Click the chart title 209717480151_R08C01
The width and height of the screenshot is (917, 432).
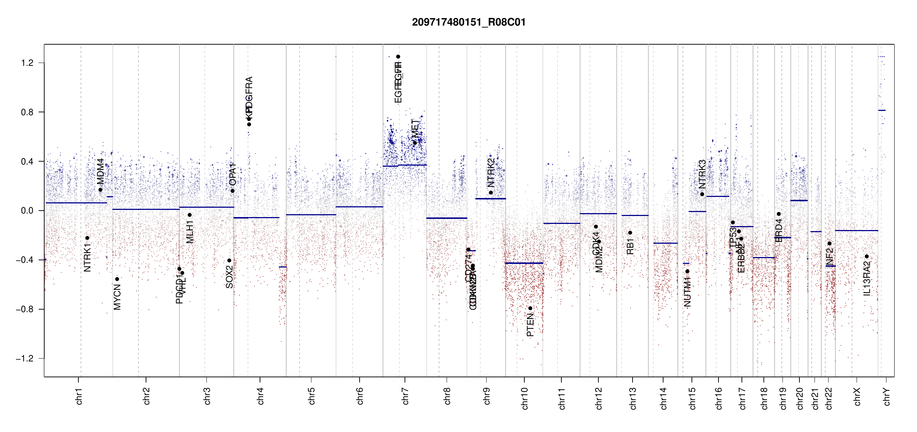[x=469, y=22]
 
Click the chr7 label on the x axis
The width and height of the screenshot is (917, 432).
[x=405, y=396]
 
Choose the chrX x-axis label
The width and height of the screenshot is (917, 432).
[x=857, y=396]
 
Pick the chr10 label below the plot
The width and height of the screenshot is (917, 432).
[x=524, y=398]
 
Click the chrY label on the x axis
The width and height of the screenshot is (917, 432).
[x=887, y=396]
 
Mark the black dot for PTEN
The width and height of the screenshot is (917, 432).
[x=530, y=308]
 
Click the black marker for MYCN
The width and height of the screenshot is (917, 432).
[x=117, y=279]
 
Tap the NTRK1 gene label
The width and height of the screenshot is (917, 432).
[x=87, y=257]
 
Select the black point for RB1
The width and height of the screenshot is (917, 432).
[x=630, y=233]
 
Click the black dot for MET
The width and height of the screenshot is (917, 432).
[x=415, y=143]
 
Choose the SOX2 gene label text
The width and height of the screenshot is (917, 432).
[x=229, y=277]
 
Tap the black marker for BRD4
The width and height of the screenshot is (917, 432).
[x=779, y=214]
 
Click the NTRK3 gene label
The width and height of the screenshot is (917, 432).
[x=702, y=175]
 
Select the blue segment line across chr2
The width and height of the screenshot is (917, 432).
[x=146, y=209]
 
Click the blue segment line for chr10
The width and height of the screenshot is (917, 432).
[x=524, y=263]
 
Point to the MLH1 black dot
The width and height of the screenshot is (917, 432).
[x=190, y=215]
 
